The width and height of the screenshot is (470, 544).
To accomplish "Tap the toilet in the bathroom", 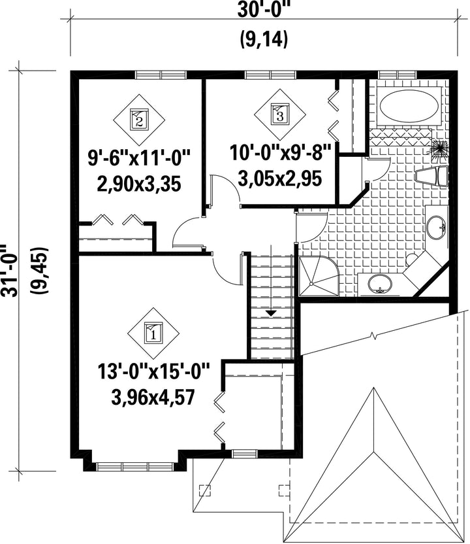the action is point(431,177).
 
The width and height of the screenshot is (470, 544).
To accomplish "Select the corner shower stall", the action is point(319,276).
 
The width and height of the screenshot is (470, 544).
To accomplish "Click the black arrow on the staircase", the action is point(271,313).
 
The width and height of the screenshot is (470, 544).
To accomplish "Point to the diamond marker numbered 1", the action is point(153,333).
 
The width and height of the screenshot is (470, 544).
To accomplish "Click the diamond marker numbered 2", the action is point(139,120).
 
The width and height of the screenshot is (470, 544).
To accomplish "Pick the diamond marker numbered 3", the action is point(280,114).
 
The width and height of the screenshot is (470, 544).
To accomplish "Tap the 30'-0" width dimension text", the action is point(264,10).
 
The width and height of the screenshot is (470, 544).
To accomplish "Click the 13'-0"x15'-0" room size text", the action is point(153,372).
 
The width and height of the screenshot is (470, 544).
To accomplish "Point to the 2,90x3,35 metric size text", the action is point(139,184).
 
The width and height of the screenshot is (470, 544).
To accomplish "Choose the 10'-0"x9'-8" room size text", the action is point(281,153).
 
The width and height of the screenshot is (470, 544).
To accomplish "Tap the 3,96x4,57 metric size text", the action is point(153,398).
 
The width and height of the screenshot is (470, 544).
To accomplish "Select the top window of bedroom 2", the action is point(161,75).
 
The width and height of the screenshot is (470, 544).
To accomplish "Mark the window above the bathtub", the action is point(397,75).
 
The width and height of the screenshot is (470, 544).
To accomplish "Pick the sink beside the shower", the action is point(380,284).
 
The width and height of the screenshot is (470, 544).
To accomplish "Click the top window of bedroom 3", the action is point(271,75).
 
